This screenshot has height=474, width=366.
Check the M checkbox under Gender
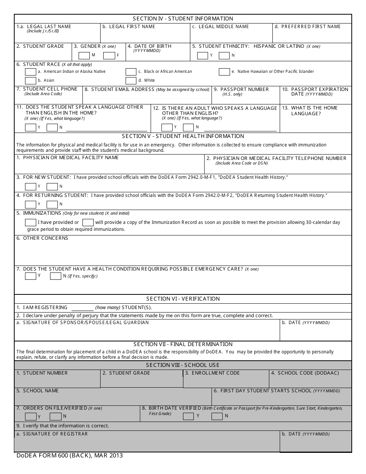(84, 55)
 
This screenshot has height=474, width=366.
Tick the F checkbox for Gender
(109, 55)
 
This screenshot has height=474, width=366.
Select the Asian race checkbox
(30, 81)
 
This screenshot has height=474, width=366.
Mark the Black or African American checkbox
(131, 72)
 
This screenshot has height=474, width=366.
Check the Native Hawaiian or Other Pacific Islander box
(224, 72)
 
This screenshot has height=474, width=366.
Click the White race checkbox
(131, 81)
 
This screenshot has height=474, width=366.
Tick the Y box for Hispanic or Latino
(203, 55)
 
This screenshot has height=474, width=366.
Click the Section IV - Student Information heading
(183, 18)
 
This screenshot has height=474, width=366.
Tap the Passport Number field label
(244, 89)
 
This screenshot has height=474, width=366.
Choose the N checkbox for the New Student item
(52, 187)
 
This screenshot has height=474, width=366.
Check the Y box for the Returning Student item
(30, 204)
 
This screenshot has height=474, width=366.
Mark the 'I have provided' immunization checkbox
(30, 222)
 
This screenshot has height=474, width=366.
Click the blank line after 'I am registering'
(82, 308)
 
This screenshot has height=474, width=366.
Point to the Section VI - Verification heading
(183, 299)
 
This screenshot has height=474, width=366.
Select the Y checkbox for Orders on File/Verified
(30, 416)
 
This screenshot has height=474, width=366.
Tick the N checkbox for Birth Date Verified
(217, 416)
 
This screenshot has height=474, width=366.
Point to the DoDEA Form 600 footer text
(70, 456)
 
